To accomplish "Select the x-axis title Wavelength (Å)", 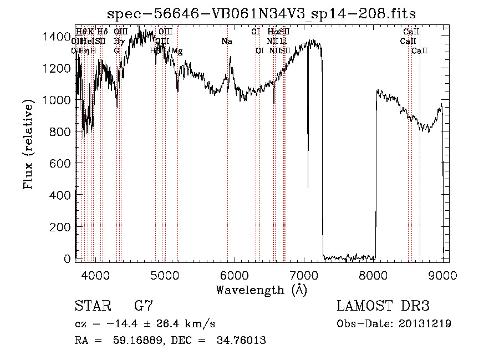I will [261, 290].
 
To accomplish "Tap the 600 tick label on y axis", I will [61, 164].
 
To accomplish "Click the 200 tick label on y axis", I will [61, 227].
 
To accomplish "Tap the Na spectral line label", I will [226, 41].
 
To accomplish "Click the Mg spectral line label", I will [177, 51].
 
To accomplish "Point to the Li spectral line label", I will [283, 41].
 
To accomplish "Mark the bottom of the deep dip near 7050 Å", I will [308, 187].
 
